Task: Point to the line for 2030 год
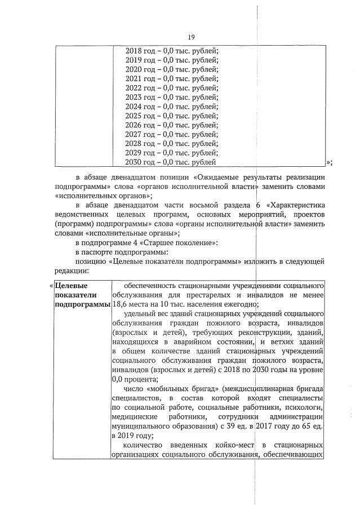171,162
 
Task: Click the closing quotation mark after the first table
330,163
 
